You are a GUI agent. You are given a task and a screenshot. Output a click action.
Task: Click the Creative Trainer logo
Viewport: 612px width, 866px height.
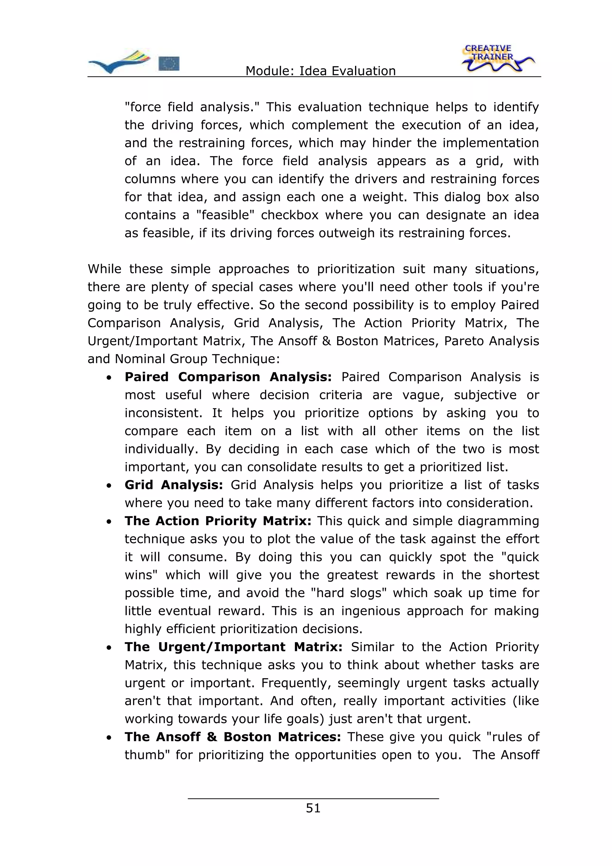[497, 59]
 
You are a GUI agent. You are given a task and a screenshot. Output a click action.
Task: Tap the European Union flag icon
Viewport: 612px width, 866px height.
[169, 63]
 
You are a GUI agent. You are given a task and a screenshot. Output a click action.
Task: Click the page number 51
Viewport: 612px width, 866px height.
[313, 808]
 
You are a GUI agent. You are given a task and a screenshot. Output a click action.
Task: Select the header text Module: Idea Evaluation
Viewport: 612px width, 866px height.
[321, 71]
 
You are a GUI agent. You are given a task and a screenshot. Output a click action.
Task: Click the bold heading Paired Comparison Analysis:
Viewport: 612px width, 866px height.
[228, 377]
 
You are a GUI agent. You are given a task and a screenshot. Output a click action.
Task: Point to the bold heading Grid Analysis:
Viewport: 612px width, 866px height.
[174, 485]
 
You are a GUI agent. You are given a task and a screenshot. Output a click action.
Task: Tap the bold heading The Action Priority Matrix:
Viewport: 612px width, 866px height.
[218, 521]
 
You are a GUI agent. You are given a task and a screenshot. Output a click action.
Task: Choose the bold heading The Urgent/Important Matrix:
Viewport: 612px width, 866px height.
[233, 647]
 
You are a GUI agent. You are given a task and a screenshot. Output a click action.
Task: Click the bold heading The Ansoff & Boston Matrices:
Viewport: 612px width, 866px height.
[233, 737]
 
